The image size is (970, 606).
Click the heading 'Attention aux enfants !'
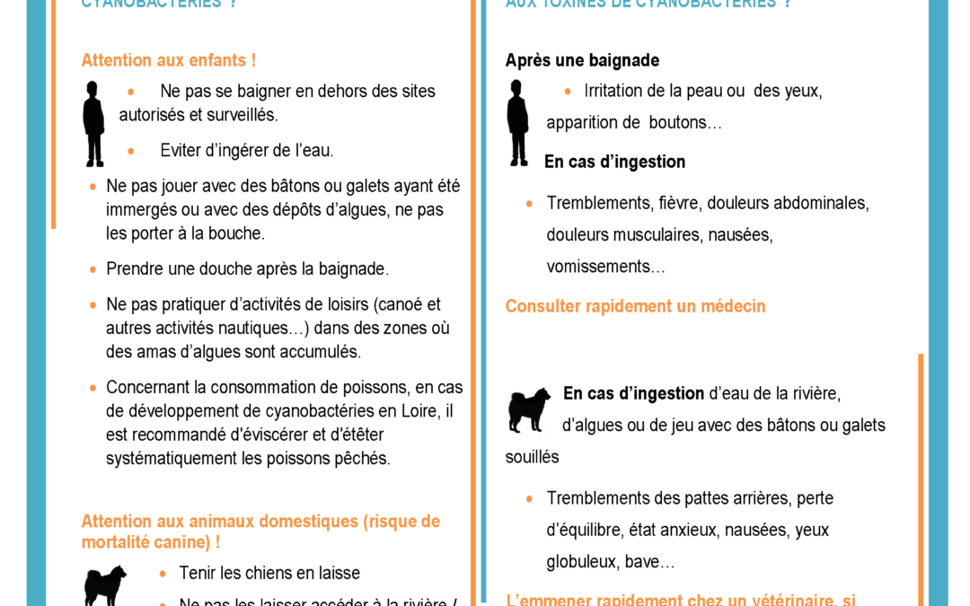coord(168,60)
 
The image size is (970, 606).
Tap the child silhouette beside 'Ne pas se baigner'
coord(93,123)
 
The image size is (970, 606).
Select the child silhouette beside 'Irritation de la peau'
coord(517,123)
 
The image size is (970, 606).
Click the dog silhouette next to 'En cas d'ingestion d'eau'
coord(529,410)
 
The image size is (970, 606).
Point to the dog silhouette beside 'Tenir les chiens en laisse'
coord(105,585)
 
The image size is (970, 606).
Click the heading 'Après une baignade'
coord(582,60)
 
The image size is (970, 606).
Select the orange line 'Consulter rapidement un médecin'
coord(635,306)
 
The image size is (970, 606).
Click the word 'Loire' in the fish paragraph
coord(419,411)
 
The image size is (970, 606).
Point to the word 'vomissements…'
coord(606,267)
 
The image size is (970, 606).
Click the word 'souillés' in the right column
coord(532,457)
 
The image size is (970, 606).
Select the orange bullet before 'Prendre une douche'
coord(93,268)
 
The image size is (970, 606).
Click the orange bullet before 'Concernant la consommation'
coord(93,388)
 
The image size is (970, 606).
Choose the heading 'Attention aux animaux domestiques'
coord(260,522)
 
